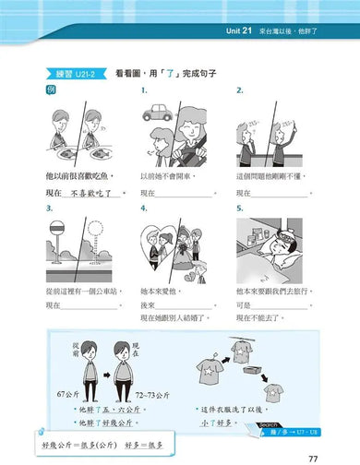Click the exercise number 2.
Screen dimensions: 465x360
tap(239, 90)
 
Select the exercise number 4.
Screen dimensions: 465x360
tap(144, 209)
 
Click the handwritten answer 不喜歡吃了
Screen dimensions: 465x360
tap(95, 194)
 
